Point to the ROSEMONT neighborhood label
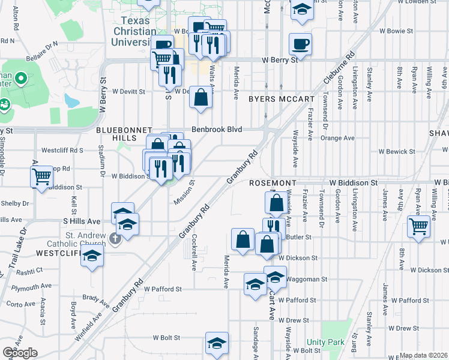pos(274,182)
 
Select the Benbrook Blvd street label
pos(217,129)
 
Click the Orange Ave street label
pos(337,137)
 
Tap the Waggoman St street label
pos(306,279)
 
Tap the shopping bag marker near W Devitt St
pos(200,97)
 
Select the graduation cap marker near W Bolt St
pos(216,343)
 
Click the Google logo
pos(20,353)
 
